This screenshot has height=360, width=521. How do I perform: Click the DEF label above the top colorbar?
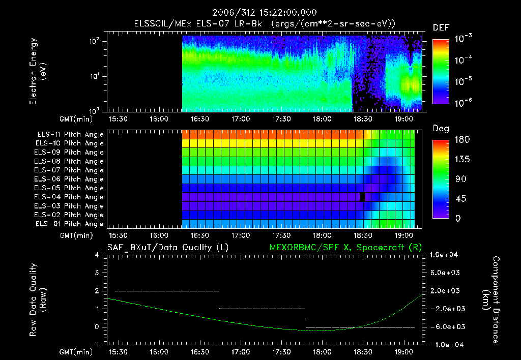tap(441, 28)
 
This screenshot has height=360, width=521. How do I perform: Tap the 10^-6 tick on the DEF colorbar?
tap(465, 102)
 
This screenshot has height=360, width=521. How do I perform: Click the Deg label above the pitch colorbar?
tap(441, 129)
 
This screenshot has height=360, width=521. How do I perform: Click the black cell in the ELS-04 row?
tap(363, 197)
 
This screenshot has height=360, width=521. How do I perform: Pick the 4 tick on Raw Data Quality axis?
tap(97, 255)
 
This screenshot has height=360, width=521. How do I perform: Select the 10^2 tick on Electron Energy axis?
tap(94, 42)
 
